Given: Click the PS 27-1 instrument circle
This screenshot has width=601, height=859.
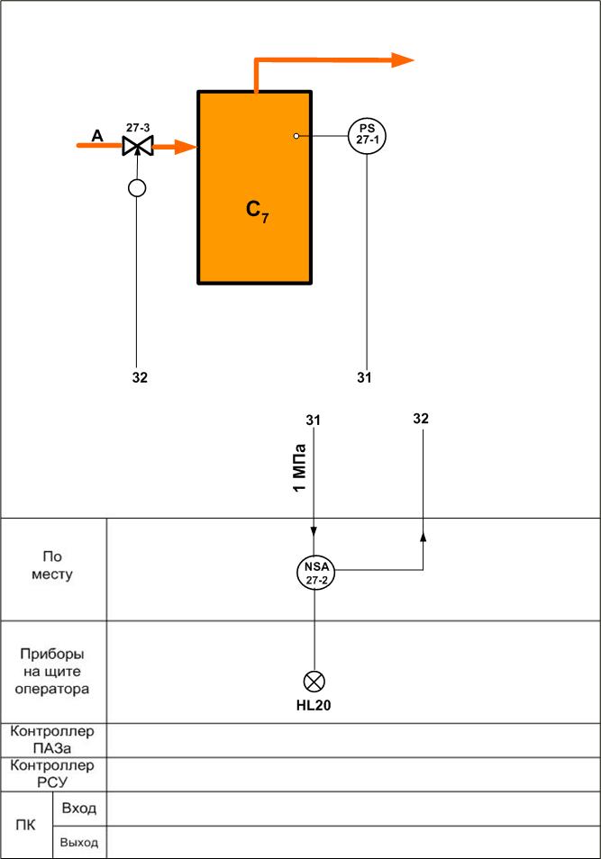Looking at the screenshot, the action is point(367,135).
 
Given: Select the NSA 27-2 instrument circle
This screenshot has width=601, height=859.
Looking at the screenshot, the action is point(315,572).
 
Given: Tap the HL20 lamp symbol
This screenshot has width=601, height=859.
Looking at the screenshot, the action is point(314,682).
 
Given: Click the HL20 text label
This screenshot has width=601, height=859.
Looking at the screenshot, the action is point(314,706).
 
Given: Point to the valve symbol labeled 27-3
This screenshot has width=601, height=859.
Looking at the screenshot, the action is point(138,146).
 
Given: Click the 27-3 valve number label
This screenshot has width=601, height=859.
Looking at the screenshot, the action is point(138,128).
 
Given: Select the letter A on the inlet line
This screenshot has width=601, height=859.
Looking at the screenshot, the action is point(97,135).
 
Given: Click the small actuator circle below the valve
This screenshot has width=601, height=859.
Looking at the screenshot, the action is point(137,188).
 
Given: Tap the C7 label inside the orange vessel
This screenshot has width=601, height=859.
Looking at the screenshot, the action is point(257,211).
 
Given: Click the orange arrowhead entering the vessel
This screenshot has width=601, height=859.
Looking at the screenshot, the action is point(186,146).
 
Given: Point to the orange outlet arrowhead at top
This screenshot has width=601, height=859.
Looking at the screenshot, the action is point(403,59).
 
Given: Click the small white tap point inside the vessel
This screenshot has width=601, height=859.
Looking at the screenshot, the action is point(296,135).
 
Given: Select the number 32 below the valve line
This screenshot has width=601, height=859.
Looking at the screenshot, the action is point(140,377).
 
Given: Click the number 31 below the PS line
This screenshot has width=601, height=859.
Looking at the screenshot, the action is point(364,377).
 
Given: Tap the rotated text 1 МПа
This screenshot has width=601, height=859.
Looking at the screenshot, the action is point(299,468).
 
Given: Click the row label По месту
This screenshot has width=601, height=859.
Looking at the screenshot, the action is point(52,565).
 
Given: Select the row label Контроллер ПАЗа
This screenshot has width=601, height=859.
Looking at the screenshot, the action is point(52,739).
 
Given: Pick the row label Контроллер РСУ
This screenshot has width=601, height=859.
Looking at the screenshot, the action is point(52,773).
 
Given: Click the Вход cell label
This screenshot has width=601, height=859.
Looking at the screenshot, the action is point(79,808).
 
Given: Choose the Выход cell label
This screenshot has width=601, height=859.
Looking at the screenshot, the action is point(79,843).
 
